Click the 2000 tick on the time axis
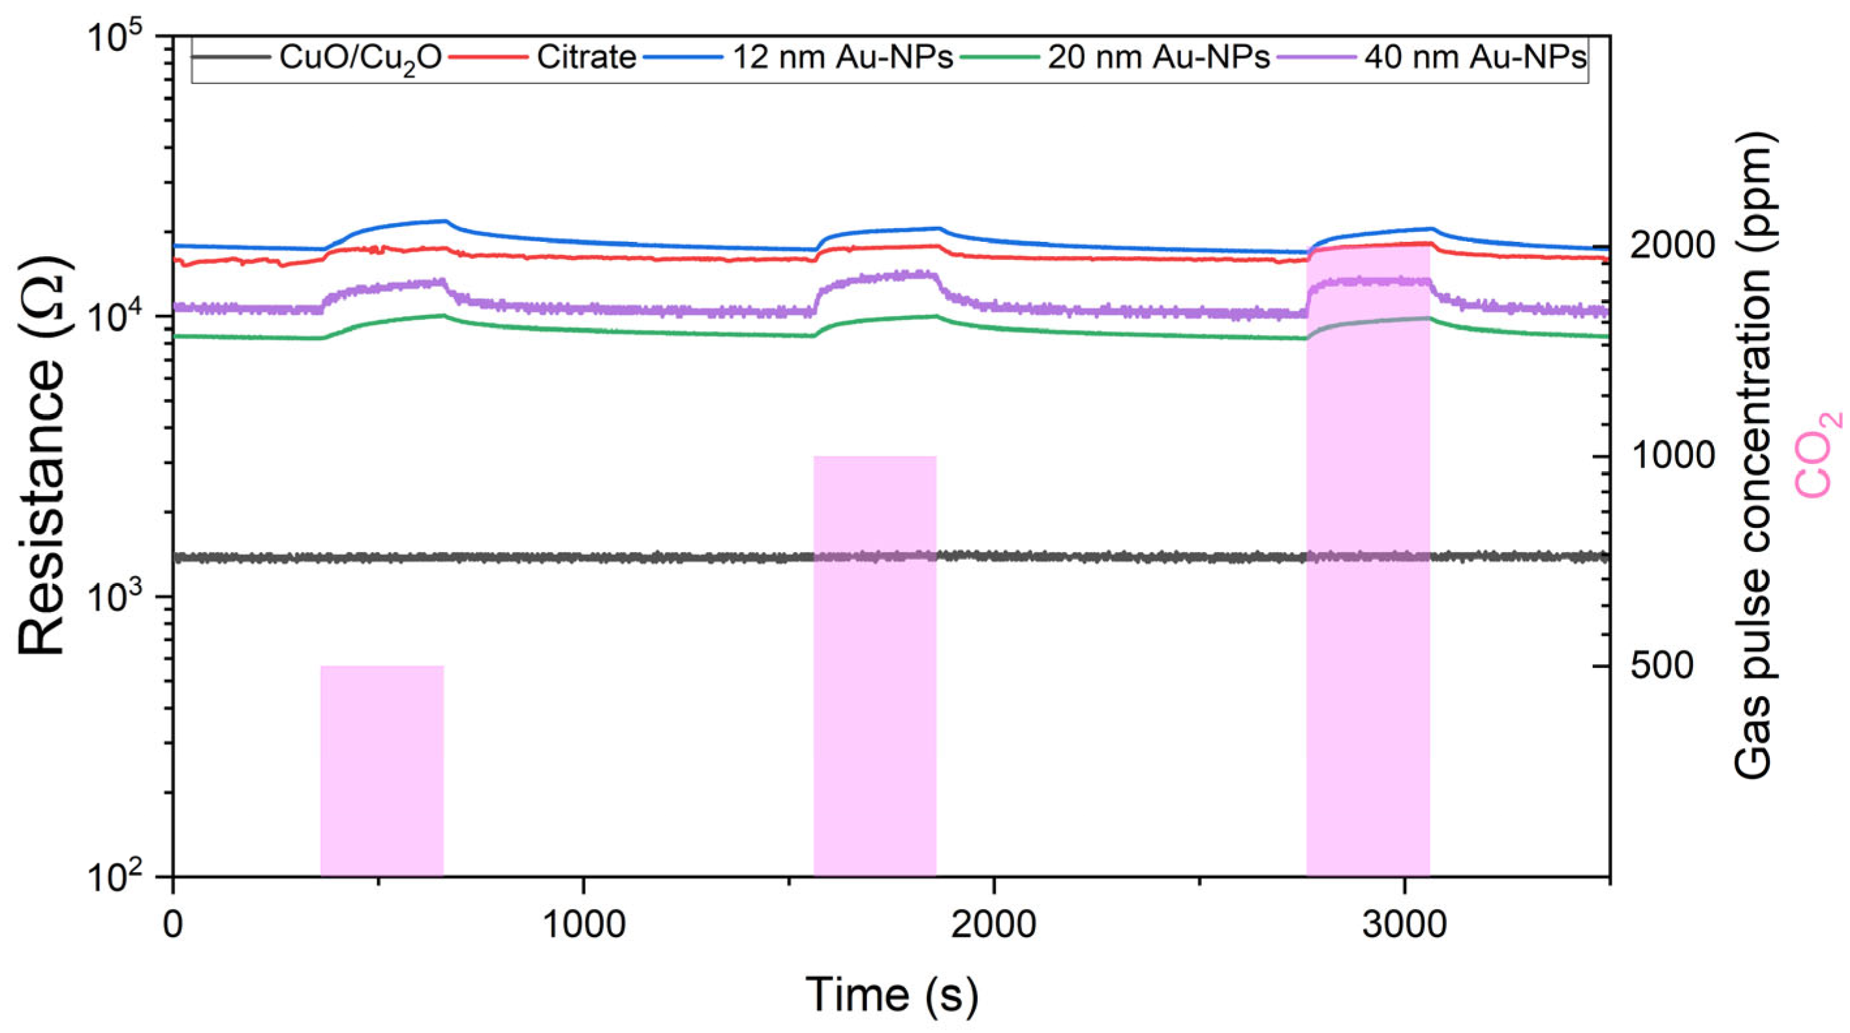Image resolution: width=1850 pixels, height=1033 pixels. tap(994, 925)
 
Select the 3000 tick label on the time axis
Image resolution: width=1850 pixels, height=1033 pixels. tap(1404, 925)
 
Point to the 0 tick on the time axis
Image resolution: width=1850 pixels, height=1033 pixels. tap(173, 925)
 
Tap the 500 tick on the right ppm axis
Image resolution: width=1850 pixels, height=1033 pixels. tap(1662, 666)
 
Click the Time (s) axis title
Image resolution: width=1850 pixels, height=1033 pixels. tap(891, 995)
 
